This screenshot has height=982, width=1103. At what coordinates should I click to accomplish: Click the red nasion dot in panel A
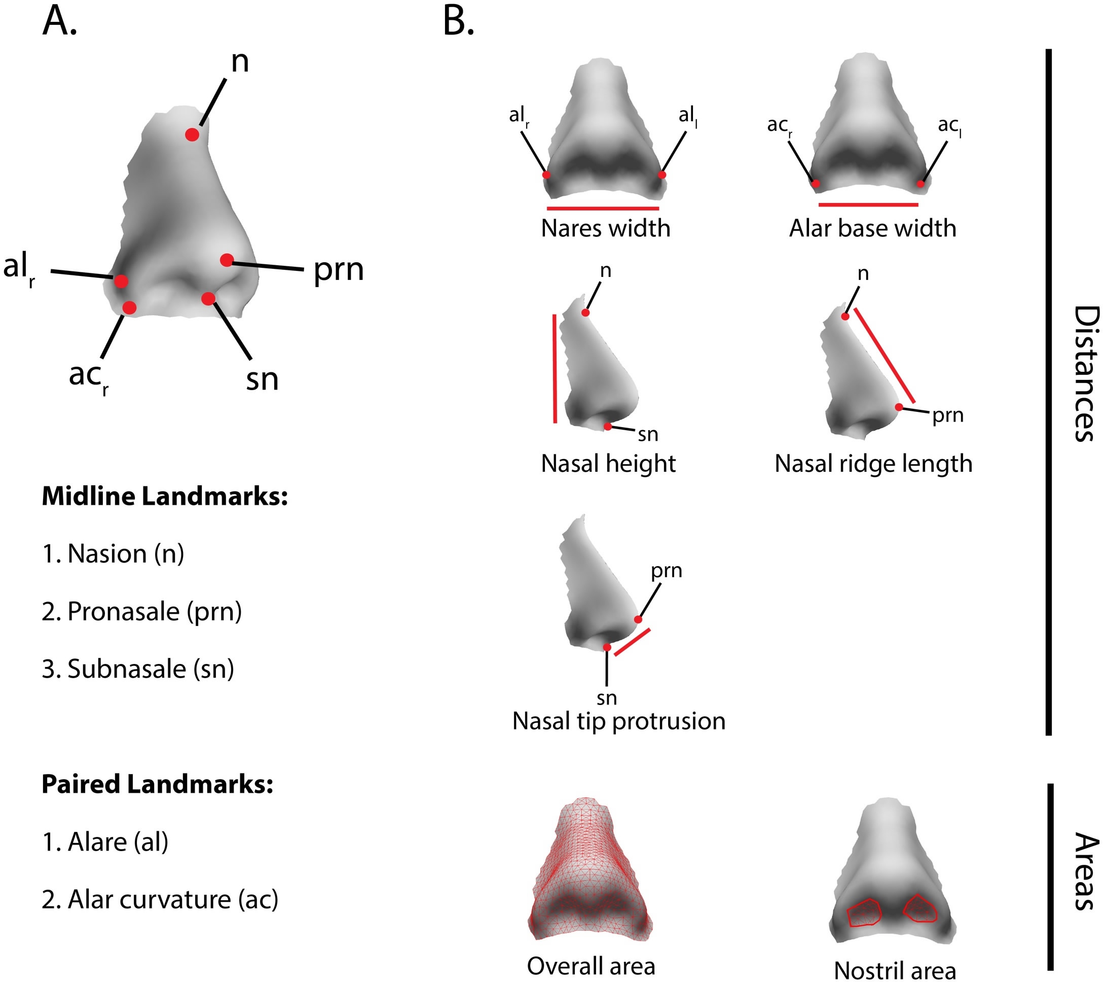pos(192,134)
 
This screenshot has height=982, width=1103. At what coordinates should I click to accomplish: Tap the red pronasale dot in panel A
pos(227,260)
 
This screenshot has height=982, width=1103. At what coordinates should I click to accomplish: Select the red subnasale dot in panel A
pos(208,299)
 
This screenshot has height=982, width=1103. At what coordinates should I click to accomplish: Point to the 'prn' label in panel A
pos(338,270)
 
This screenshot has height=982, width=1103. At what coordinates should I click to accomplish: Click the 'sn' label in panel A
pos(262,379)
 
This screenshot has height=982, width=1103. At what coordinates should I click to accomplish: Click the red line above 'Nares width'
pos(603,208)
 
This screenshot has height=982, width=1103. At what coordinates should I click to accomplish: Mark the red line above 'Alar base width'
pos(868,204)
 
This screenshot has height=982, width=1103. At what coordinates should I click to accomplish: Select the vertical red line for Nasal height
pos(554,369)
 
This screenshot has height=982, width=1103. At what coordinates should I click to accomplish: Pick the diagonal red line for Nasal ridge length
pos(884,355)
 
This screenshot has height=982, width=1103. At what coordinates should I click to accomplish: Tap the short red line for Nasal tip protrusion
pos(632,642)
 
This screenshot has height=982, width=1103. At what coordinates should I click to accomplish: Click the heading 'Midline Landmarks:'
pos(165,496)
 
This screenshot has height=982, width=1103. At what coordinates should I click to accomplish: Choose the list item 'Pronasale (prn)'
pos(142,612)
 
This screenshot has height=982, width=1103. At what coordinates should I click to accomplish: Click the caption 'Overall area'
pos(591,966)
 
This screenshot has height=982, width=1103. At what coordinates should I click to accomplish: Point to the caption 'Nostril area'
pos(895,970)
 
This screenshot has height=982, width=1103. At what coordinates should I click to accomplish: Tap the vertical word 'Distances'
pos(1085,374)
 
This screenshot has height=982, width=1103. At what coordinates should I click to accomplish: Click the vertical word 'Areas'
pos(1085,871)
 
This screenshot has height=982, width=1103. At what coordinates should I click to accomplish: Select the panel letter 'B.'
pos(458,23)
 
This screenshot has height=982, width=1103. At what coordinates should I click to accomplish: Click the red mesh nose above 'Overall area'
pos(591,874)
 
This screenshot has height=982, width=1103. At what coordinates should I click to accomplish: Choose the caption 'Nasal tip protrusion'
pos(618,721)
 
